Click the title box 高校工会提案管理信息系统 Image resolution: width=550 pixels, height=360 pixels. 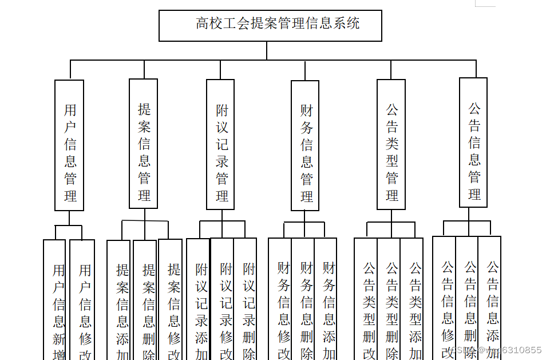(270, 26)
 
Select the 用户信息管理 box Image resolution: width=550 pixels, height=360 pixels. (69, 145)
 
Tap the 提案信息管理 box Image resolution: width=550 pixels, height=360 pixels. (144, 144)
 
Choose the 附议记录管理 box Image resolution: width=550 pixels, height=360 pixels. (221, 144)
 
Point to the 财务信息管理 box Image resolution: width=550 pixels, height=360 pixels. (305, 145)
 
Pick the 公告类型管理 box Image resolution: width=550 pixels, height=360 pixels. (391, 144)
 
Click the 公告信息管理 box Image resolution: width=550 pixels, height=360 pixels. (473, 143)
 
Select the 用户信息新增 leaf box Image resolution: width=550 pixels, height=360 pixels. (55, 303)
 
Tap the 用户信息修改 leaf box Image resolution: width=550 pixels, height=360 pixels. (82, 303)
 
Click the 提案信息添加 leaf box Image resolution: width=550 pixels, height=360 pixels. (120, 303)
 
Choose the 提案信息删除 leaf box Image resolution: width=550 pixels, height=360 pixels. (145, 303)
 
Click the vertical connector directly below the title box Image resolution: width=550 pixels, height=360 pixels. (267, 50)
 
